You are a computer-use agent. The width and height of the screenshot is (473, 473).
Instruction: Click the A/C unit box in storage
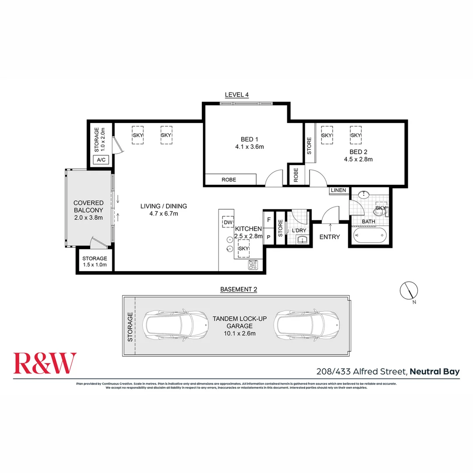pyautogui.click(x=101, y=160)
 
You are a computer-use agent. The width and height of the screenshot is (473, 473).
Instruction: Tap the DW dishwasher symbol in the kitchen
pyautogui.click(x=227, y=222)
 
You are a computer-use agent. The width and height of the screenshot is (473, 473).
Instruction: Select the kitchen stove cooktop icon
pyautogui.click(x=253, y=264)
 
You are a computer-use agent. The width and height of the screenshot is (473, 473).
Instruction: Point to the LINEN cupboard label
pyautogui.click(x=338, y=191)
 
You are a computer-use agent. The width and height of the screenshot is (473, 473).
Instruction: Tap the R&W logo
pyautogui.click(x=45, y=363)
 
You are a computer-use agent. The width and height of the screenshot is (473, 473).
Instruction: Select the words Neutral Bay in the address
pyautogui.click(x=435, y=372)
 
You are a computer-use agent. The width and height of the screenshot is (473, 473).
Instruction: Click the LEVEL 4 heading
pyautogui.click(x=236, y=95)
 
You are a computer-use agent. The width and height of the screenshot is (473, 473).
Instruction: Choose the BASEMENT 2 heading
pyautogui.click(x=238, y=289)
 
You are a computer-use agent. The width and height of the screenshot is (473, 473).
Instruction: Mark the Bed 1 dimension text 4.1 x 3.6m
pyautogui.click(x=249, y=147)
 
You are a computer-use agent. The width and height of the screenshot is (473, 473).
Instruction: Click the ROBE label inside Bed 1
pyautogui.click(x=229, y=180)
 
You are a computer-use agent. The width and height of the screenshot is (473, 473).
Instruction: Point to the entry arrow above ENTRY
pyautogui.click(x=330, y=226)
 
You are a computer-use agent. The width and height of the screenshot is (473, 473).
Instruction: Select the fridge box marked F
pyautogui.click(x=268, y=219)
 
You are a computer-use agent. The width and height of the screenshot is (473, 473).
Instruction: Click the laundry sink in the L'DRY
pyautogui.click(x=302, y=239)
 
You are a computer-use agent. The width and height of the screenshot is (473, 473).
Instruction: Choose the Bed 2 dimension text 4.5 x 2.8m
pyautogui.click(x=358, y=159)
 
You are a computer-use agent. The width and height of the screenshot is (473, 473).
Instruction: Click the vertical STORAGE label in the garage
pyautogui.click(x=129, y=327)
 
